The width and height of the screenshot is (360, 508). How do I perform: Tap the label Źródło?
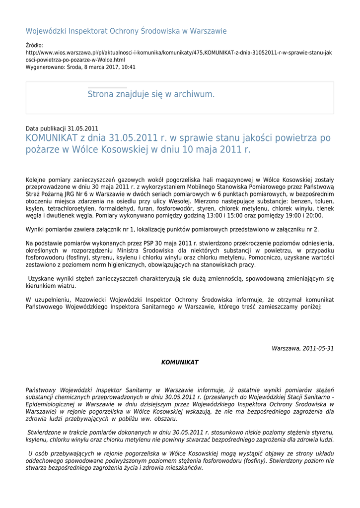[x=34, y=45]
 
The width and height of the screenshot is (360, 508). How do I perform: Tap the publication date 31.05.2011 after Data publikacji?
[x=83, y=128]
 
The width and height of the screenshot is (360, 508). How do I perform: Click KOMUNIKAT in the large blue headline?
[x=51, y=138]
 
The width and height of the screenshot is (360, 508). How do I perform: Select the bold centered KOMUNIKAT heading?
[x=180, y=363]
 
